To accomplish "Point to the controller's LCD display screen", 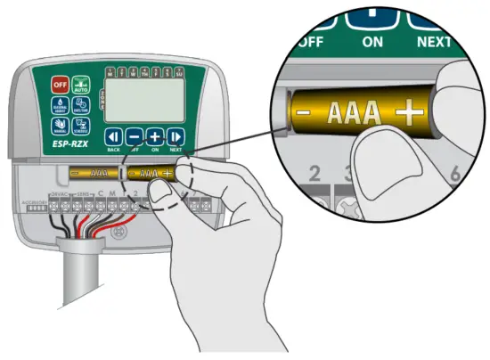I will pos(146,99).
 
